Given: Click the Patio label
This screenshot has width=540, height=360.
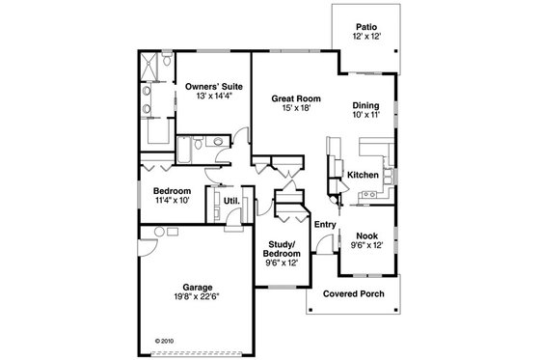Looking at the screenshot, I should tap(365, 26).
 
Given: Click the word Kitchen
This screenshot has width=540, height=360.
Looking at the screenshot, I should tap(362, 175).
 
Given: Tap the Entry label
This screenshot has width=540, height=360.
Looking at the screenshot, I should tap(323, 224).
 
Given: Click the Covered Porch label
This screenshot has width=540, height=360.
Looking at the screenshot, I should tap(350, 292).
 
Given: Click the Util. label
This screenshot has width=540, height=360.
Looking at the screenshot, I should tap(232, 202).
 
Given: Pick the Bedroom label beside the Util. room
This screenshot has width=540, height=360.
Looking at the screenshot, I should tap(172, 190).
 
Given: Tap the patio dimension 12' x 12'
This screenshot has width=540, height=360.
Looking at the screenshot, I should tap(365, 36).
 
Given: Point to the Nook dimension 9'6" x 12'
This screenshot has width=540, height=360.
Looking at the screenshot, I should tap(365, 246).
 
